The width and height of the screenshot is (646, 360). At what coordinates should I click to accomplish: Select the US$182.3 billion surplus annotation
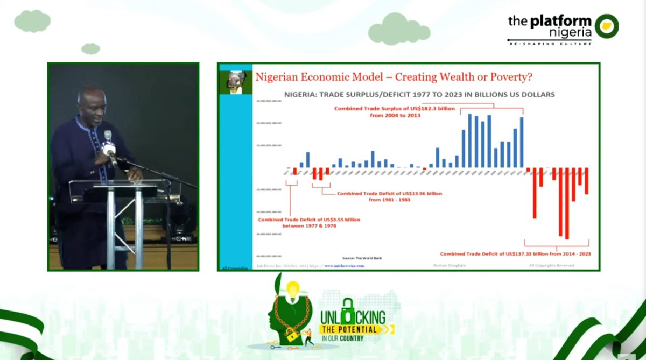pos(395,111)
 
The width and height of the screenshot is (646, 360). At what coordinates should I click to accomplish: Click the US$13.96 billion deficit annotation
pos(389,196)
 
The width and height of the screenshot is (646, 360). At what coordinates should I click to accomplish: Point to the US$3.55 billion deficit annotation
pos(309,223)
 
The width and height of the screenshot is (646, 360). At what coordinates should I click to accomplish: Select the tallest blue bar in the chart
pos(470,140)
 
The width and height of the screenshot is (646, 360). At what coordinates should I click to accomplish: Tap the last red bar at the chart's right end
pos(587,181)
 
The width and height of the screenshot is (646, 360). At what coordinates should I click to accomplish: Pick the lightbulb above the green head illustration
pos(293,291)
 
